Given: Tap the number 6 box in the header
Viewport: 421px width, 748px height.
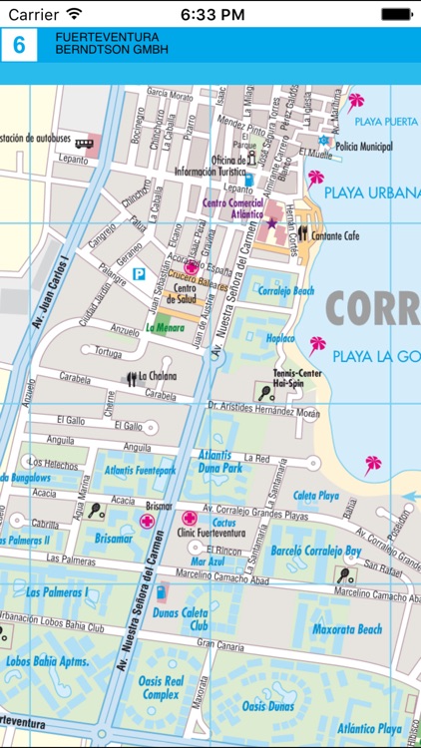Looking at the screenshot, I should [x=19, y=47].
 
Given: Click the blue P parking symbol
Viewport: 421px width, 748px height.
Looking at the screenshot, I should [x=140, y=273].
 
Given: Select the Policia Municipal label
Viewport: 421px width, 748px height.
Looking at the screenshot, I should [x=363, y=147].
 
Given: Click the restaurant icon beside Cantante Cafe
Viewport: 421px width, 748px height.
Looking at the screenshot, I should [x=302, y=234].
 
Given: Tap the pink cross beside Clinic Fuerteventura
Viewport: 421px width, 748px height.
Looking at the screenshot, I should [x=190, y=518].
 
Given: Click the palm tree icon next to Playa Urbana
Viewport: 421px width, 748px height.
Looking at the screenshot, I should [x=316, y=179].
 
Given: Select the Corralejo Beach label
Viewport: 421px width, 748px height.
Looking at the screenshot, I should [x=286, y=291].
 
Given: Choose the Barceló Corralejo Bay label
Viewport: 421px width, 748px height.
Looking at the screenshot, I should [x=315, y=551].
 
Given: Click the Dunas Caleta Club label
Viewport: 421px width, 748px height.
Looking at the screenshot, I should [x=180, y=619].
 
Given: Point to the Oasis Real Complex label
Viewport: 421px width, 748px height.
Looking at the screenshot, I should [x=161, y=687].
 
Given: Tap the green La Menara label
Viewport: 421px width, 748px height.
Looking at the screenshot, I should [x=164, y=326].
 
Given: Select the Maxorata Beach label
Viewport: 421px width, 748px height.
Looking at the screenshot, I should [x=347, y=629].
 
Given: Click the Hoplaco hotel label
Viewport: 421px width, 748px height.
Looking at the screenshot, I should [x=280, y=338].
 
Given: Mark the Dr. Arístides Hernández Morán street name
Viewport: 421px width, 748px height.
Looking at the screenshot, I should [x=263, y=410].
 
